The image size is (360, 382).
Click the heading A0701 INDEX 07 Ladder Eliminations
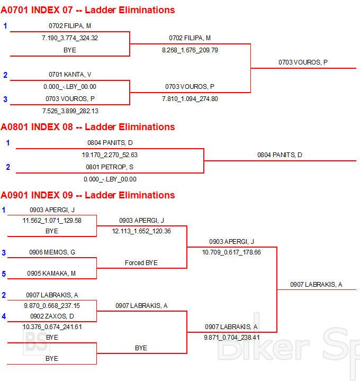click(88, 10)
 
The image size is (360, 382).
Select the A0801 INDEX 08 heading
click(88, 127)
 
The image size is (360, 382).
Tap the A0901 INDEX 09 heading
click(88, 195)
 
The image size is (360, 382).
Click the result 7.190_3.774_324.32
click(70, 38)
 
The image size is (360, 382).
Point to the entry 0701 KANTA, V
click(70, 75)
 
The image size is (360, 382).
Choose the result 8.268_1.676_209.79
click(190, 50)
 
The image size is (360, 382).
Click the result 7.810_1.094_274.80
click(190, 98)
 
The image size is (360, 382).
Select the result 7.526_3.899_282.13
click(70, 111)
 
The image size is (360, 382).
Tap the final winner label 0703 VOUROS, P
click(303, 62)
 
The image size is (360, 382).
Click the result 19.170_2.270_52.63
click(110, 155)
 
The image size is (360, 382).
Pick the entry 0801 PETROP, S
click(110, 167)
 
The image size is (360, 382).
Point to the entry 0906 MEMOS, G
click(52, 252)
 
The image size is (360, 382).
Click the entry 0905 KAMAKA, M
click(52, 274)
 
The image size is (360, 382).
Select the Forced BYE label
click(141, 263)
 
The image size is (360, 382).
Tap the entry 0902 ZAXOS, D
click(52, 316)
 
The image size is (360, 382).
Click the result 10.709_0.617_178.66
click(231, 252)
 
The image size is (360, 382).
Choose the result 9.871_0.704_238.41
click(232, 337)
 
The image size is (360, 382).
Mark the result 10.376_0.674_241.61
click(52, 327)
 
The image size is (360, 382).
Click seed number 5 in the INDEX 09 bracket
click(4, 274)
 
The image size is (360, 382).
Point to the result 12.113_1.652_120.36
click(141, 231)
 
